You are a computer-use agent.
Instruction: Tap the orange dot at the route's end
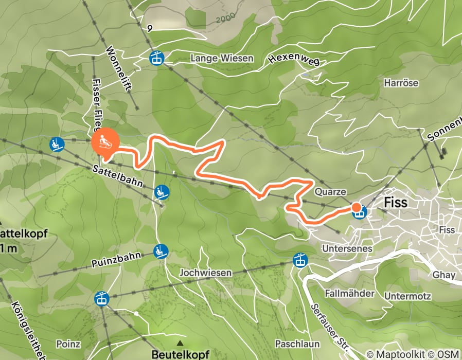click(356, 207)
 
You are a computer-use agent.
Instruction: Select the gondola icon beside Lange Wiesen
click(155, 58)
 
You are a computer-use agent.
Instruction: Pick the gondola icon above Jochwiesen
click(299, 260)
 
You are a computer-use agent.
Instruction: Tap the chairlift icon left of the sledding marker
click(56, 144)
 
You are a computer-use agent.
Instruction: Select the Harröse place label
click(401, 82)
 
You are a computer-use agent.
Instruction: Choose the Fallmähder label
click(349, 293)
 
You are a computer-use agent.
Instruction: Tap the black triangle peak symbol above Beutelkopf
click(180, 343)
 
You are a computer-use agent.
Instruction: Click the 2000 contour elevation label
click(225, 20)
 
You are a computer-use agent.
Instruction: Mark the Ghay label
click(443, 275)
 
